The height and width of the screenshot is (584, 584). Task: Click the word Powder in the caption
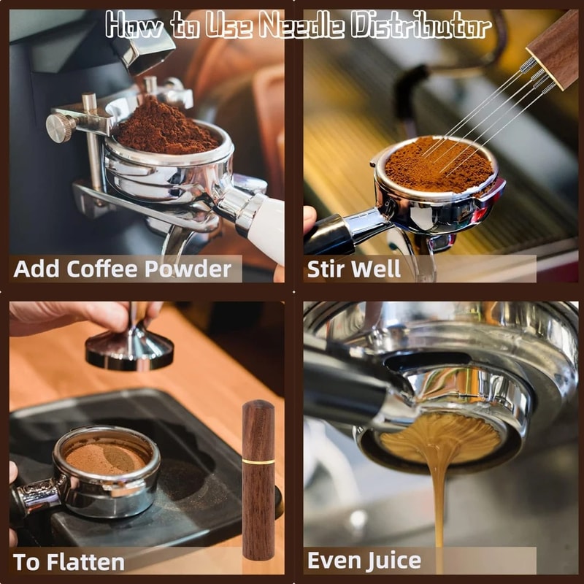(187, 269)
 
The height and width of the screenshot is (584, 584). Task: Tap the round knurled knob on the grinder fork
(60, 128)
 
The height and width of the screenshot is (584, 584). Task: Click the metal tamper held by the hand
(130, 349)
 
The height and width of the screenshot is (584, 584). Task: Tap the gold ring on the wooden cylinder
(258, 461)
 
